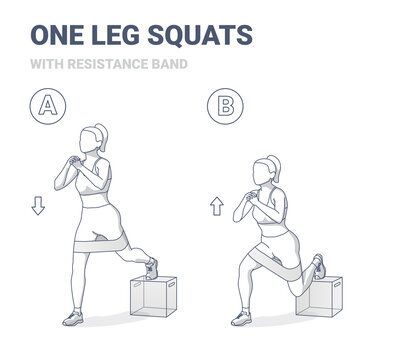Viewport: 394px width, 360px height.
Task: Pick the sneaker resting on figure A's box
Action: (x=151, y=268)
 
